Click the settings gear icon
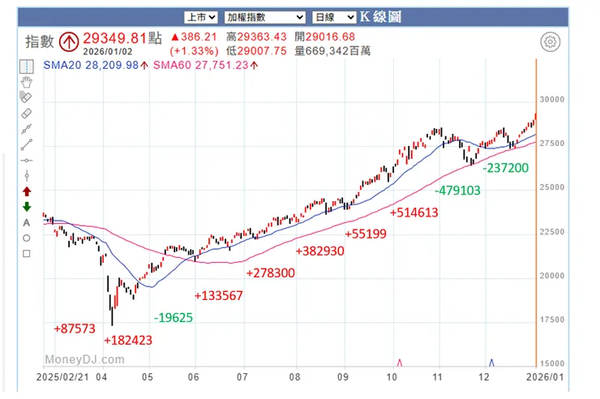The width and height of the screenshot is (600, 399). click(551, 42)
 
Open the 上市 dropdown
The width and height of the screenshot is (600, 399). click(199, 16)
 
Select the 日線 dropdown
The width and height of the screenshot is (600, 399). click(334, 16)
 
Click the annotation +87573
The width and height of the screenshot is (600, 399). click(75, 328)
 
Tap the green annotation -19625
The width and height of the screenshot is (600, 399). click(173, 317)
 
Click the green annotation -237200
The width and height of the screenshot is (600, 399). click(505, 168)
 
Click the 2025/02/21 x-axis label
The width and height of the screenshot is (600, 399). click(66, 377)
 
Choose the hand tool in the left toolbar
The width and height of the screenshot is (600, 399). click(27, 81)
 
